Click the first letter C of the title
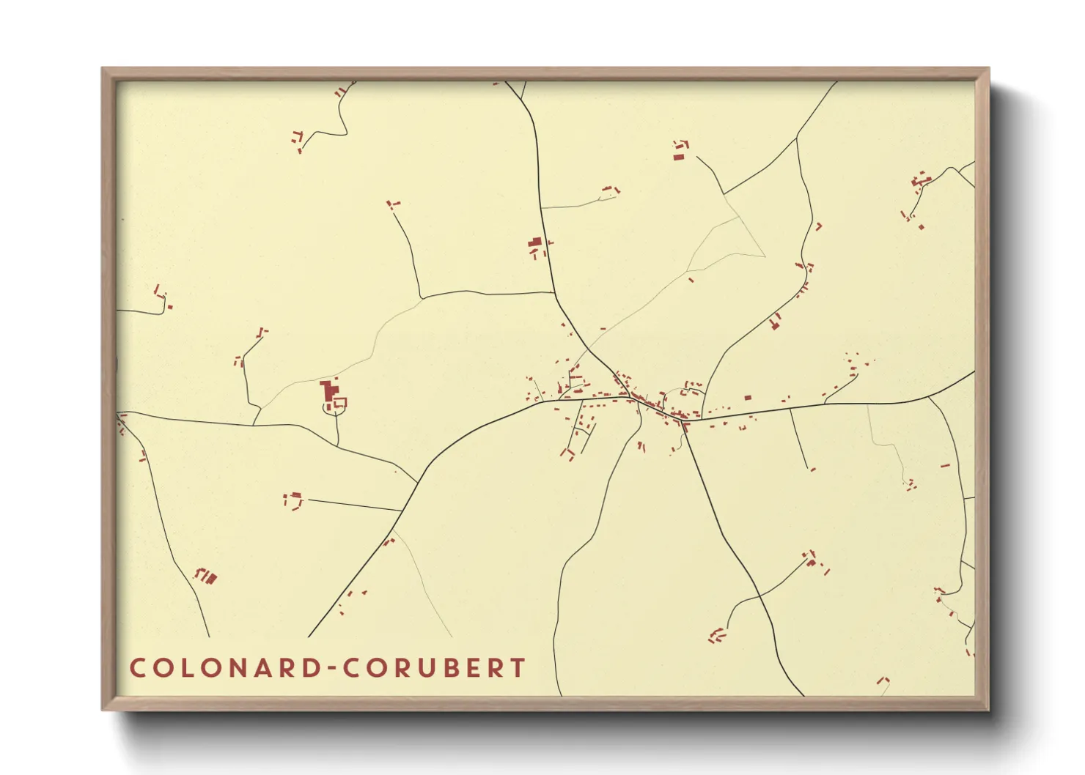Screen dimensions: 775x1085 [x=137, y=668]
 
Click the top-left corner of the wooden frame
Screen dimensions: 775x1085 [x=103, y=69]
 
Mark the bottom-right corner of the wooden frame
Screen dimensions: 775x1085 [x=988, y=709]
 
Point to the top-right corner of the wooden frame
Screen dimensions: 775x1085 [x=988, y=69]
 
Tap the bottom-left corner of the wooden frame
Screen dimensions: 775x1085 [x=103, y=709]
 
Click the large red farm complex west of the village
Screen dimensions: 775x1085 [x=329, y=391]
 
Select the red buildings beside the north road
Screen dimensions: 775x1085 [x=536, y=243]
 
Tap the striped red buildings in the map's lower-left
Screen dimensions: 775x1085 [x=207, y=577]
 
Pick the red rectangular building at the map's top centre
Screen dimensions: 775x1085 [x=679, y=156]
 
